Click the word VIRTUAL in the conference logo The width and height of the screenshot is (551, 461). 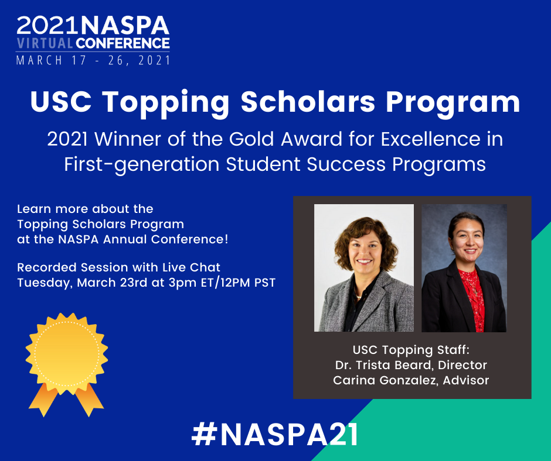pos(45,43)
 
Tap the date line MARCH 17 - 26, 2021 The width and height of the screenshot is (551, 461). pos(93,60)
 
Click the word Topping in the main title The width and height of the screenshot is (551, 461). pos(165,103)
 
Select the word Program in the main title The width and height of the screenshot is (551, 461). pos(453,103)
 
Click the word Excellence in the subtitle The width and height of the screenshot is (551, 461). pos(431,139)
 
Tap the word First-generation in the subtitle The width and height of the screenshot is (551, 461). pos(142,164)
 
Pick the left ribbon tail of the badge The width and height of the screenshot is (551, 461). pos(43,400)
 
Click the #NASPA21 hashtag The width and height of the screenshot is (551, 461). pos(275,435)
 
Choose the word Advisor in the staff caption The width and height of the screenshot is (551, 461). pos(465,380)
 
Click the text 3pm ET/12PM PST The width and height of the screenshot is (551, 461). pos(222,283)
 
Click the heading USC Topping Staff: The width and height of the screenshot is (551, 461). pos(411,350)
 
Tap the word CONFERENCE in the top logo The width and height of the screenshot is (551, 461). pos(123,43)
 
